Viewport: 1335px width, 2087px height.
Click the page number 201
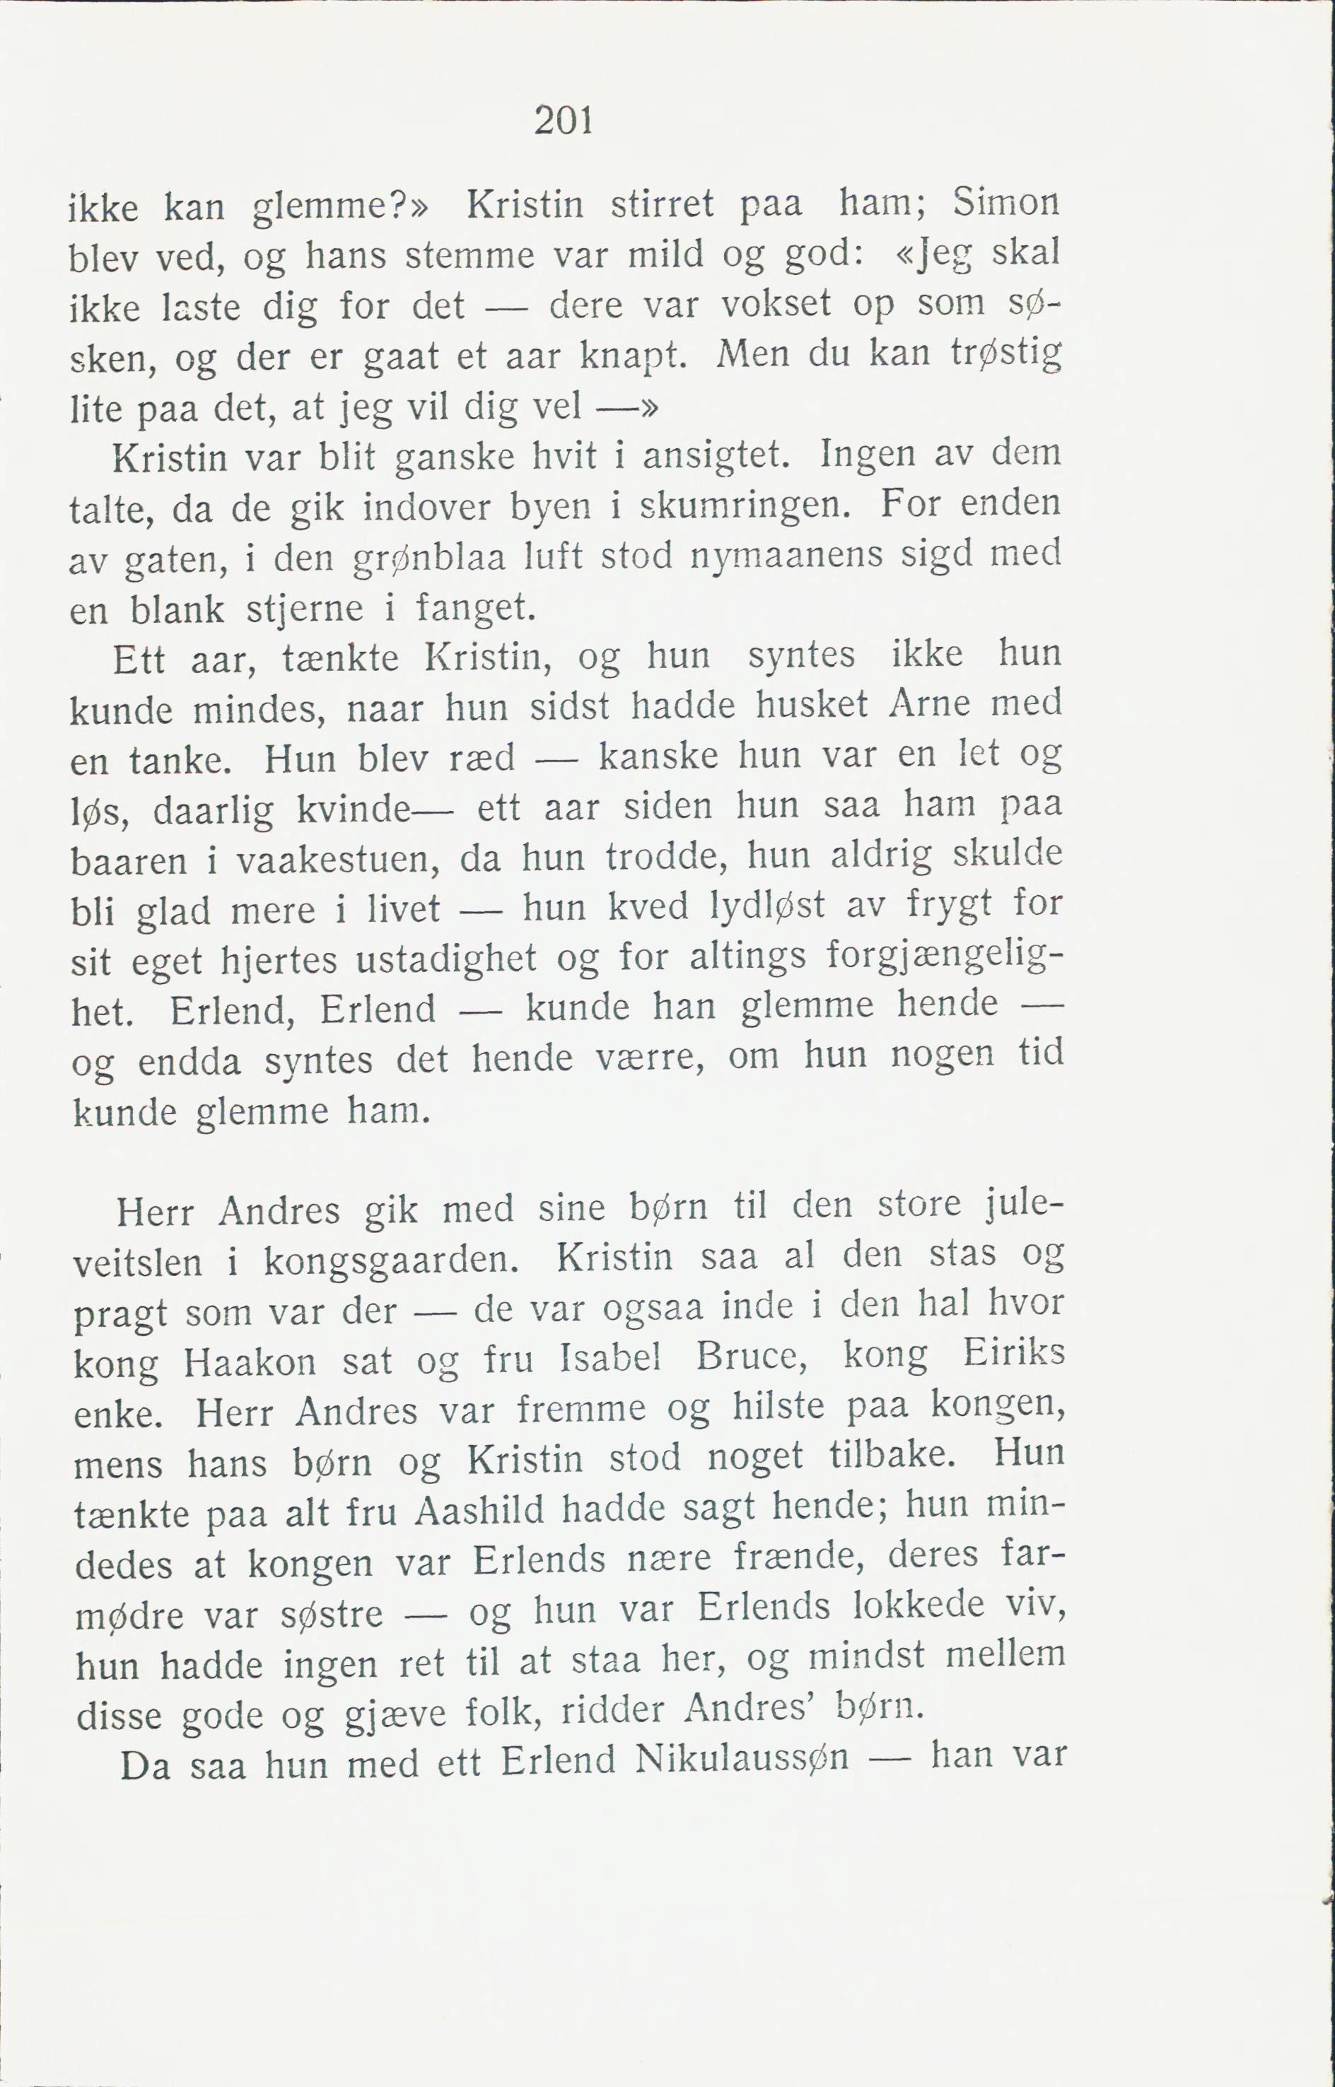(x=564, y=120)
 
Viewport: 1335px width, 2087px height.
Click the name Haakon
(x=250, y=1364)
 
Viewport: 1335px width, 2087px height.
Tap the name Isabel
(x=610, y=1359)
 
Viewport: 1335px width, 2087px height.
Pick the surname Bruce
(x=752, y=1358)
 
